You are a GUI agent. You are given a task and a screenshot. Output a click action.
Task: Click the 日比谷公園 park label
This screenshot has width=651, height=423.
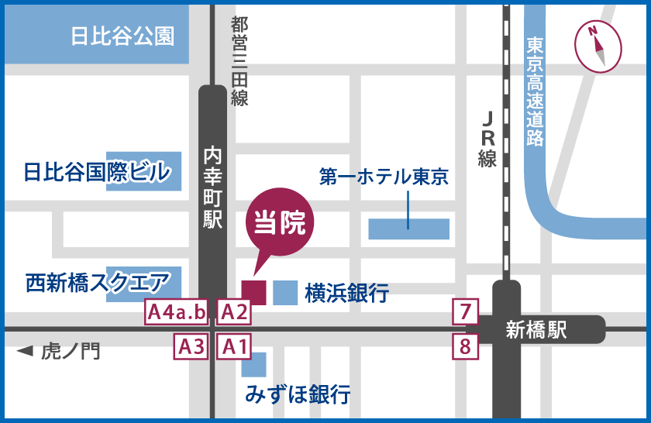pyautogui.click(x=122, y=36)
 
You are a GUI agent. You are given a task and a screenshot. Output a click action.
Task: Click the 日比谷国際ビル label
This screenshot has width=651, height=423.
pyautogui.click(x=97, y=172)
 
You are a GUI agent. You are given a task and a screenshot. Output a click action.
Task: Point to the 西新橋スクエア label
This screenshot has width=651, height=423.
pyautogui.click(x=97, y=281)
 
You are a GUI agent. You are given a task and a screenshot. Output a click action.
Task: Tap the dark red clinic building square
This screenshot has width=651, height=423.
pyautogui.click(x=254, y=292)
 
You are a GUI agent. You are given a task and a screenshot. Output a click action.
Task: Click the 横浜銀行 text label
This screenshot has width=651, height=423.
pyautogui.click(x=346, y=293)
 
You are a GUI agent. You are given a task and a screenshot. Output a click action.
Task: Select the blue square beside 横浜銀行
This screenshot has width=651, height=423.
pyautogui.click(x=284, y=292)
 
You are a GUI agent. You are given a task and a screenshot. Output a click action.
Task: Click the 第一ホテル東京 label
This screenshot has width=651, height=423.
pyautogui.click(x=384, y=177)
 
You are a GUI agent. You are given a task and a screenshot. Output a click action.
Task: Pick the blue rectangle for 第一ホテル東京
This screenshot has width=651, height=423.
pyautogui.click(x=408, y=229)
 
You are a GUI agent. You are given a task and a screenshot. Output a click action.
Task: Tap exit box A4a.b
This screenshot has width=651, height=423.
pyautogui.click(x=177, y=312)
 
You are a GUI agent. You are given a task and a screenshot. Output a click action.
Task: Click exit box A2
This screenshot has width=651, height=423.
pyautogui.click(x=233, y=312)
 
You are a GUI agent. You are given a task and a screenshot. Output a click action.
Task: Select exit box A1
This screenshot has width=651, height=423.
pyautogui.click(x=233, y=346)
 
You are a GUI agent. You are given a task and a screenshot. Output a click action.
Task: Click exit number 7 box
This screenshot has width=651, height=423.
pyautogui.click(x=465, y=312)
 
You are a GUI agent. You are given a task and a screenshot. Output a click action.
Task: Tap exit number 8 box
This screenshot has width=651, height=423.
pyautogui.click(x=465, y=346)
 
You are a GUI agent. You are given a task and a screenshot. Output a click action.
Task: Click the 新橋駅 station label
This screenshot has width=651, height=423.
pyautogui.click(x=536, y=330)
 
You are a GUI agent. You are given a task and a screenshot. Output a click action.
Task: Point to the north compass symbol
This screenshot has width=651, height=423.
pyautogui.click(x=598, y=46)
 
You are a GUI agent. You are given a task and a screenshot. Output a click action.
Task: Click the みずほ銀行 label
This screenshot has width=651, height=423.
pyautogui.click(x=298, y=394)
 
